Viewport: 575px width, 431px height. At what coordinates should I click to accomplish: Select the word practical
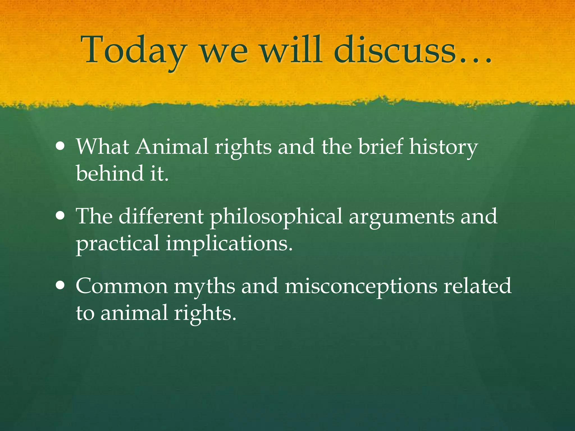tap(118, 244)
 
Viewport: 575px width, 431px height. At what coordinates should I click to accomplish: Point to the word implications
tap(229, 244)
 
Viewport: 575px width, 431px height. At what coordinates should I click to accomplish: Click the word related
tap(477, 286)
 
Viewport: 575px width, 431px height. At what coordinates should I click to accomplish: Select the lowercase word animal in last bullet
tap(134, 313)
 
